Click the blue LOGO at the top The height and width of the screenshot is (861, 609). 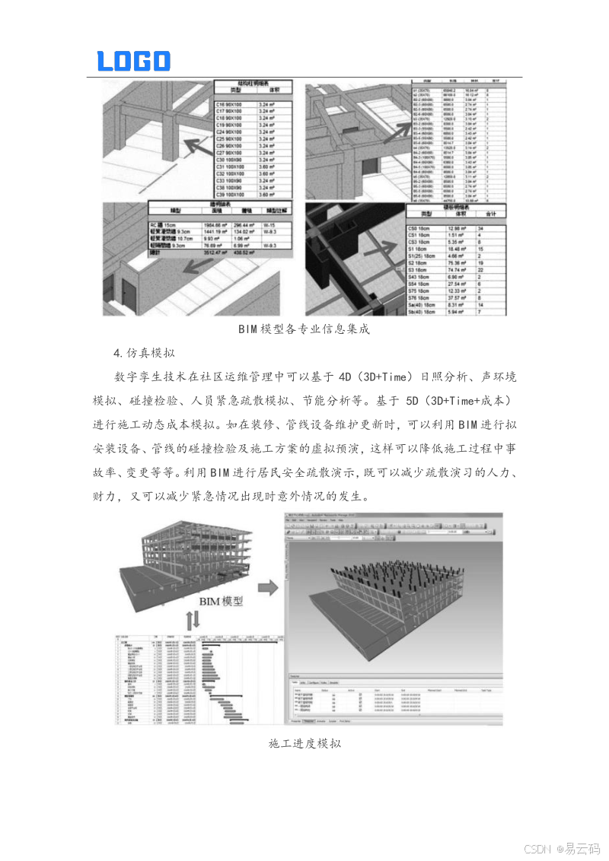pyautogui.click(x=133, y=61)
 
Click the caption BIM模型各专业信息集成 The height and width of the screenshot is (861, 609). pyautogui.click(x=304, y=329)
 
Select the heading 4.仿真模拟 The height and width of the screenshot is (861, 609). pyautogui.click(x=144, y=352)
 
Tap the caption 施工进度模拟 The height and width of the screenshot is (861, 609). pyautogui.click(x=304, y=743)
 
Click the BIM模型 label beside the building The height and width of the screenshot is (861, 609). pyautogui.click(x=221, y=601)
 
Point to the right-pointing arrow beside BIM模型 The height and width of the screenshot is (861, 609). pyautogui.click(x=266, y=587)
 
